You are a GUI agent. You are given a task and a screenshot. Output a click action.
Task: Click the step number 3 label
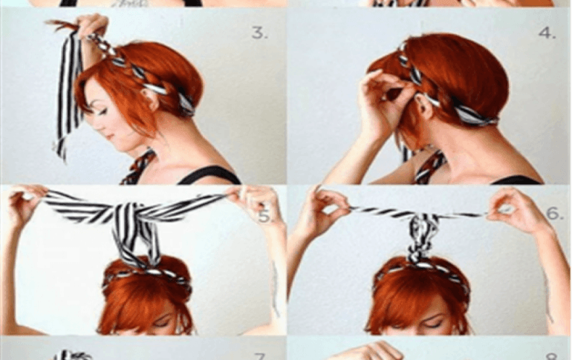tap(259, 33)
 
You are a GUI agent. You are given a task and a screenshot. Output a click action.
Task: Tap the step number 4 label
tap(547, 33)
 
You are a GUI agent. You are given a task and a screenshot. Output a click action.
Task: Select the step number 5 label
tap(265, 216)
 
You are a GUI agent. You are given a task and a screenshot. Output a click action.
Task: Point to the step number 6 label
tap(555, 214)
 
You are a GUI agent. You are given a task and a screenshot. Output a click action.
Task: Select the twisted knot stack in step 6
tap(421, 237)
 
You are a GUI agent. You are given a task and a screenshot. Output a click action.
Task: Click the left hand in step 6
tap(328, 205)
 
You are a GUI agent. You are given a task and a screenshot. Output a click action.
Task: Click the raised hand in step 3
tap(92, 24)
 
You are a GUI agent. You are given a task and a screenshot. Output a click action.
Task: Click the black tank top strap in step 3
tap(209, 174)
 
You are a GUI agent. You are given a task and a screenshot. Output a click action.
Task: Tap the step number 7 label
tap(259, 356)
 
